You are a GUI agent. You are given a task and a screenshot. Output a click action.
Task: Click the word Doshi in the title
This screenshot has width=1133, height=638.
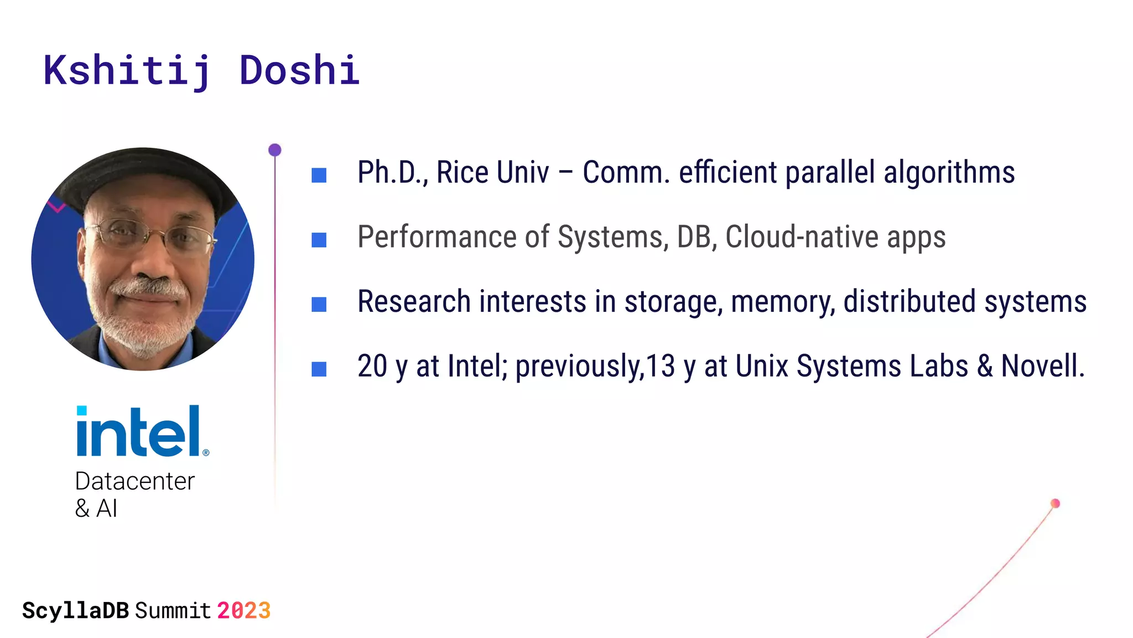[x=299, y=71]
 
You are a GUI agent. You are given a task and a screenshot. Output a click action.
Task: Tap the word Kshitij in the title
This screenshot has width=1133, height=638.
[x=127, y=71]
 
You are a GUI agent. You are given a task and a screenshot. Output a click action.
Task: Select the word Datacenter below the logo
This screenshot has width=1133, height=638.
[x=134, y=481]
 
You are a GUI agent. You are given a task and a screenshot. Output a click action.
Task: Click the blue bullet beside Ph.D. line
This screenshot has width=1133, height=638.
[x=319, y=176]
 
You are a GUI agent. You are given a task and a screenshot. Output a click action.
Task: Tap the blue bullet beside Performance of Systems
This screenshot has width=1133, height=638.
[x=319, y=240]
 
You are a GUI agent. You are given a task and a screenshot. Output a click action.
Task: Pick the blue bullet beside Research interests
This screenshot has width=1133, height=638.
[x=319, y=305]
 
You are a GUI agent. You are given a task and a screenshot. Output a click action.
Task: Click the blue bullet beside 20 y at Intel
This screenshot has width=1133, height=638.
[x=319, y=369]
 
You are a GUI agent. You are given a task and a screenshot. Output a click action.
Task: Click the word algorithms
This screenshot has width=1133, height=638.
[x=949, y=172]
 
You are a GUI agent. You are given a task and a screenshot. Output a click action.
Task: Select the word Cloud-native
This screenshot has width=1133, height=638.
[x=802, y=237]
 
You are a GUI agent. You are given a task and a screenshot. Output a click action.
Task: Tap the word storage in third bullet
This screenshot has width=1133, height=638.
[x=673, y=302]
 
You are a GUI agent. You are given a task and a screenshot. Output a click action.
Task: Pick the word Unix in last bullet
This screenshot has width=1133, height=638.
[x=762, y=366]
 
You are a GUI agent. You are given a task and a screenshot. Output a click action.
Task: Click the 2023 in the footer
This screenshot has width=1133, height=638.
[x=243, y=611]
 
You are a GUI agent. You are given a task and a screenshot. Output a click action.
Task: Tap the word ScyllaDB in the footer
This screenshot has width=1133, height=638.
[x=75, y=611]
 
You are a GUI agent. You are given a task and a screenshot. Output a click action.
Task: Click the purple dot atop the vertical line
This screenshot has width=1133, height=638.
[x=275, y=150]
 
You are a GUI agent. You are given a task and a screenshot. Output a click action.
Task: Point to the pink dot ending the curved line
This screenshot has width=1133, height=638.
[x=1055, y=503]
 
